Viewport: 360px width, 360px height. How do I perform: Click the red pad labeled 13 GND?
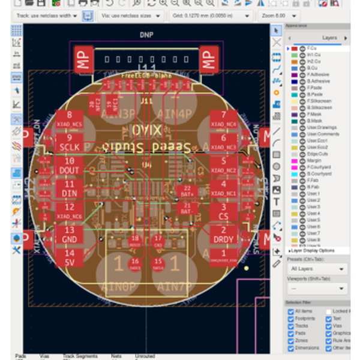coord(69,234)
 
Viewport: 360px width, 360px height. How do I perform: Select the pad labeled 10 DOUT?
coord(69,166)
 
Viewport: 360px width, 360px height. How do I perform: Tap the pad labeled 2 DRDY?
coord(223,234)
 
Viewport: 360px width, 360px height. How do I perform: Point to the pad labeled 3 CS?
coord(223,211)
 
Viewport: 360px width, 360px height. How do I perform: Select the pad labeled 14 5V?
coord(69,257)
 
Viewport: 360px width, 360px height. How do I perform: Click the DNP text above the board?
coord(146,35)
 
